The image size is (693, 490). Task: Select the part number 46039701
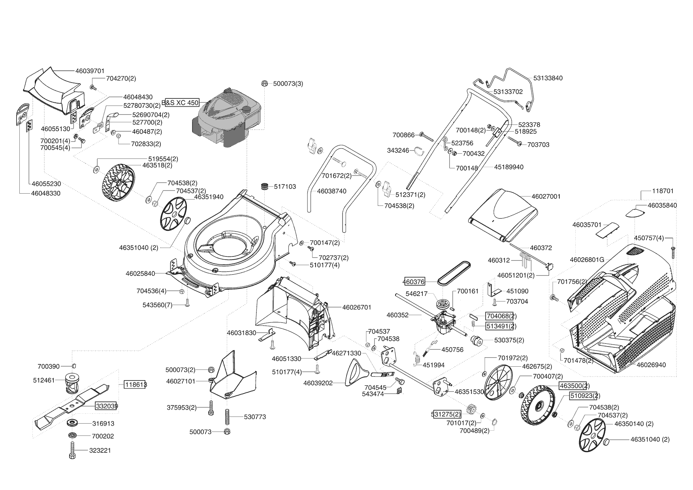pyautogui.click(x=90, y=71)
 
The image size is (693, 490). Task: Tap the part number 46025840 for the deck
pyautogui.click(x=140, y=273)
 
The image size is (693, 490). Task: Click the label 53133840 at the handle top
pyautogui.click(x=548, y=78)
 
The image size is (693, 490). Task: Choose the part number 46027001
pyautogui.click(x=546, y=196)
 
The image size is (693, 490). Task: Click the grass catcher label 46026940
pyautogui.click(x=651, y=365)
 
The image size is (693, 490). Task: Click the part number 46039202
pyautogui.click(x=318, y=383)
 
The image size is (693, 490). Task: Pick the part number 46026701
pyautogui.click(x=357, y=307)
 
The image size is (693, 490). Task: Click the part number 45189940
pyautogui.click(x=509, y=167)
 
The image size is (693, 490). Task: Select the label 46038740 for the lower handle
pyautogui.click(x=331, y=191)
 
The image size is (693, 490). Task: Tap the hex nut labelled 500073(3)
pyautogui.click(x=265, y=83)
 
